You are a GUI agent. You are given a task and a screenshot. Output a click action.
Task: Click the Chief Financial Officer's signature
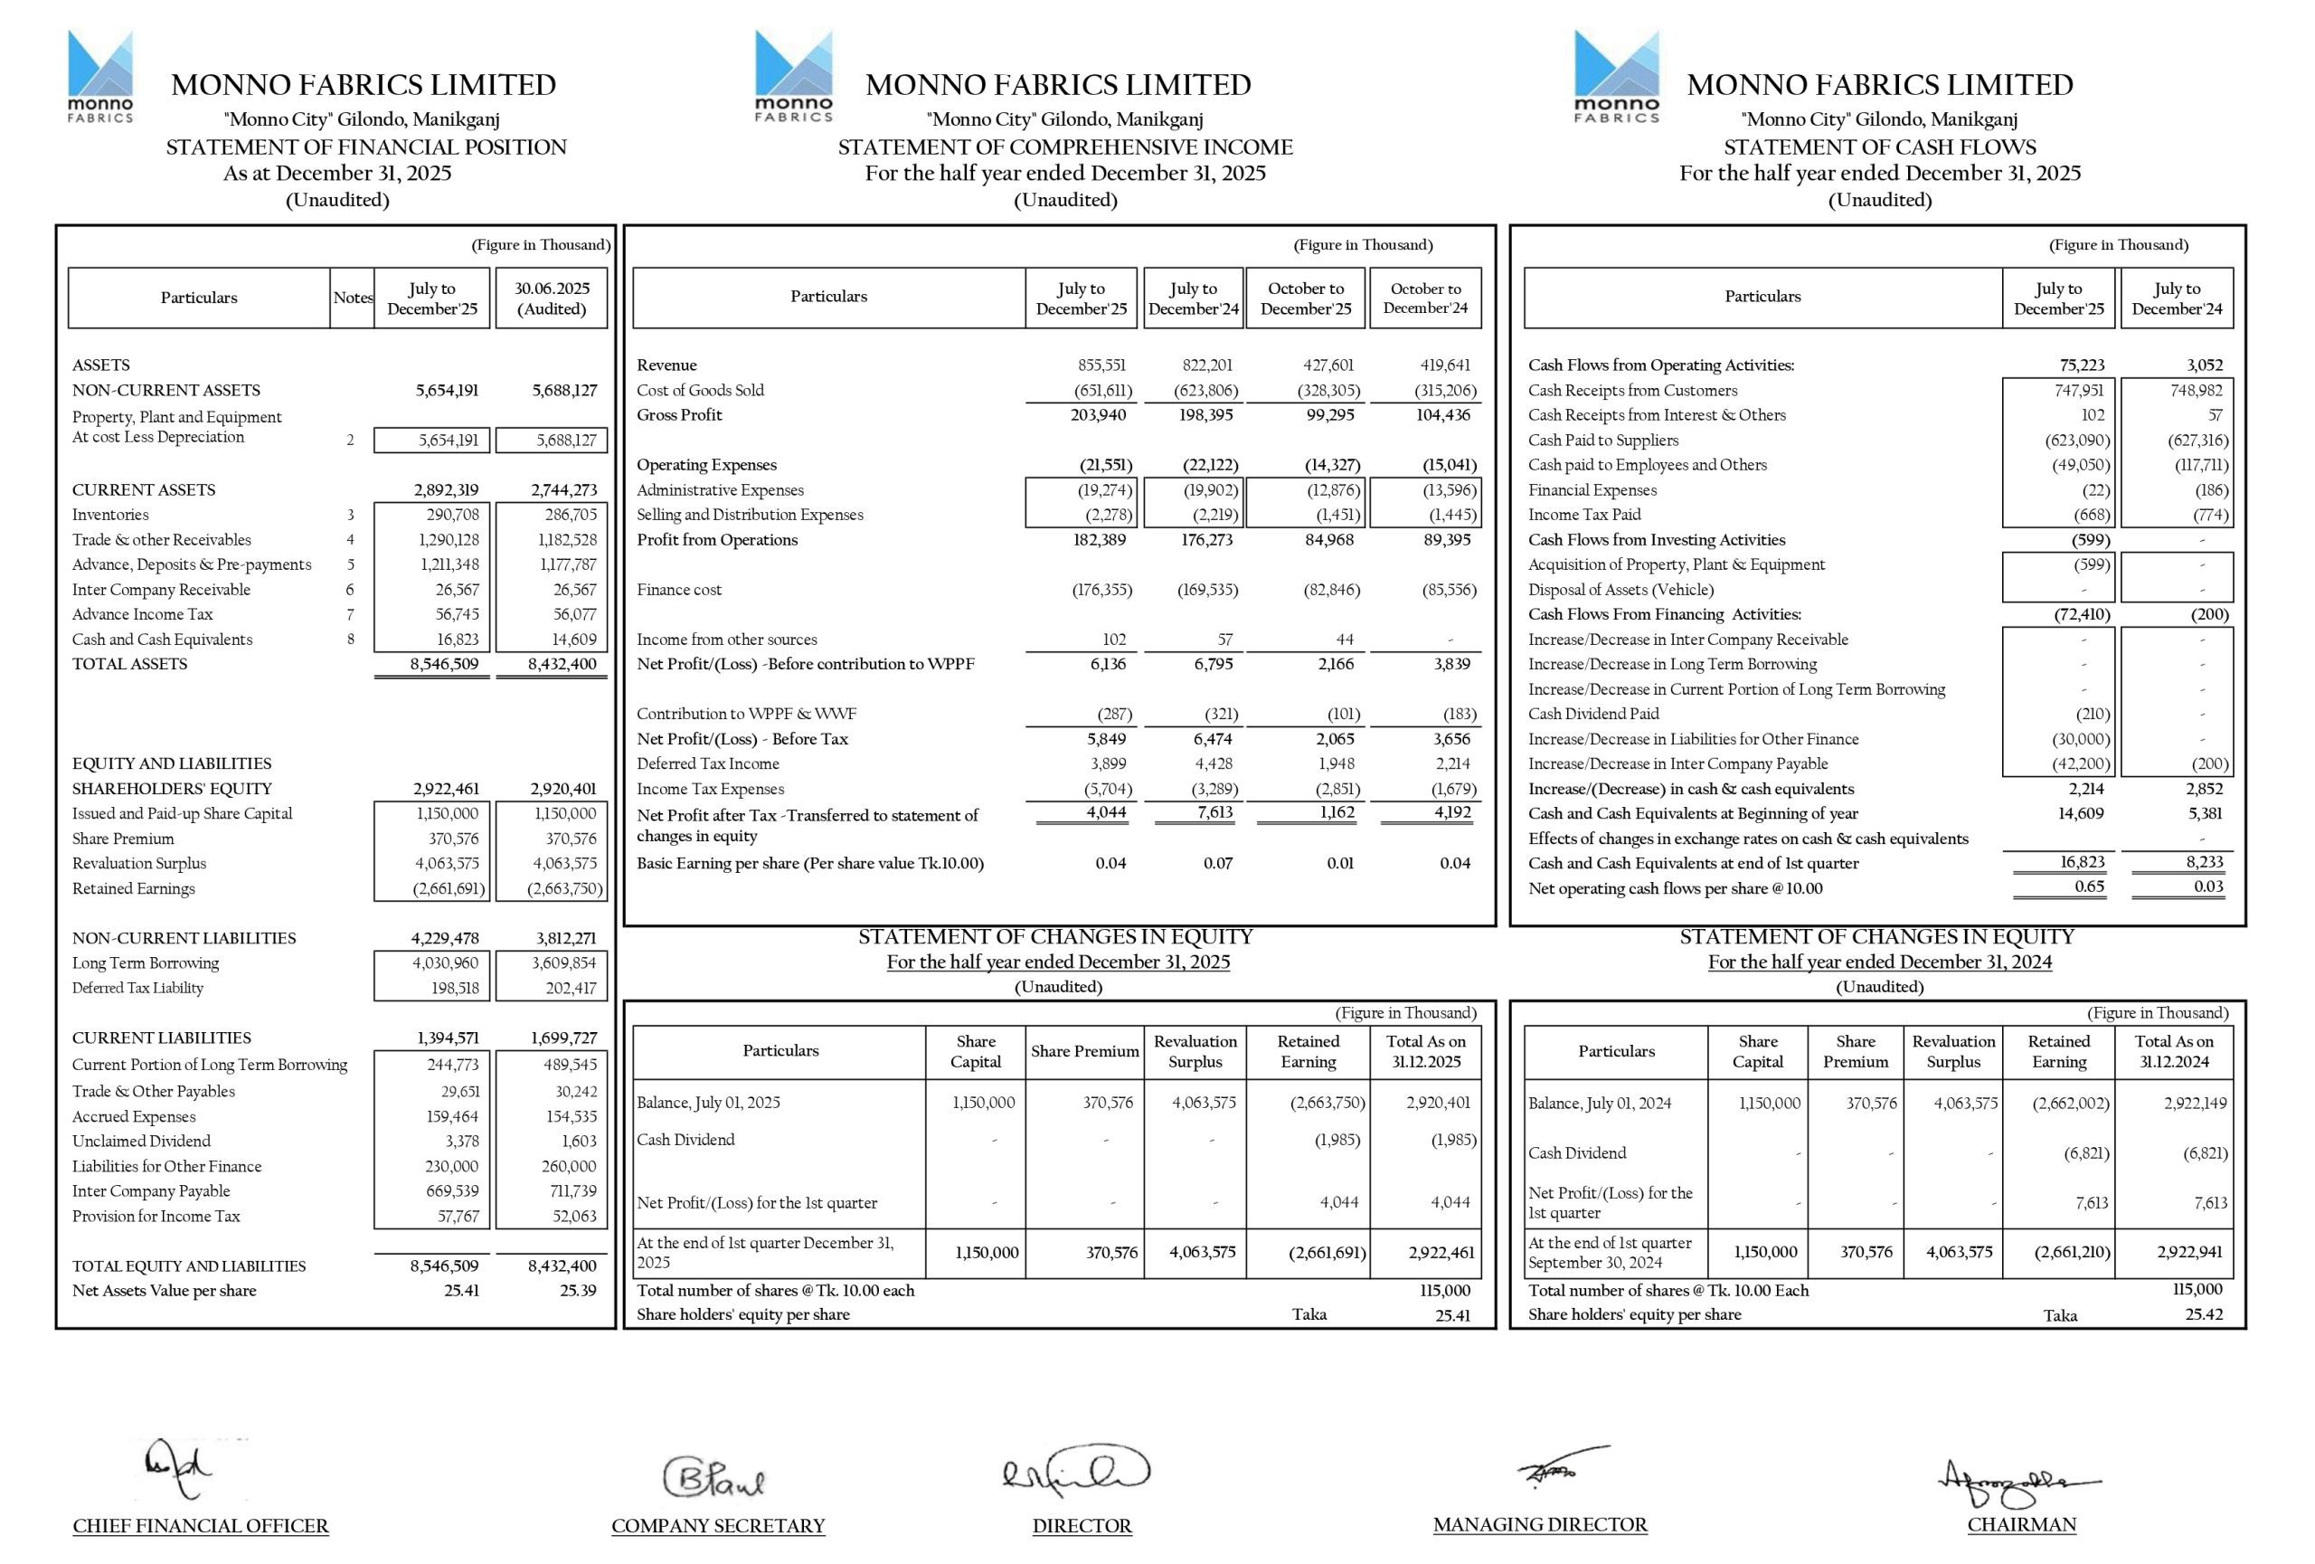point(179,1468)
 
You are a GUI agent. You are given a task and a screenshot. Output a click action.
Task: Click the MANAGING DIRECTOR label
point(1539,1524)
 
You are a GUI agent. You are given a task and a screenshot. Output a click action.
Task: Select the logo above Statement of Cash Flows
point(1616,77)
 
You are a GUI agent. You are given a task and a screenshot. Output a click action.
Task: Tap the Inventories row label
point(110,514)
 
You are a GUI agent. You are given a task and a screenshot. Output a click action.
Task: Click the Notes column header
point(353,297)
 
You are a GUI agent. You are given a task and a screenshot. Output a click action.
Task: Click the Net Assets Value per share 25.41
point(461,1290)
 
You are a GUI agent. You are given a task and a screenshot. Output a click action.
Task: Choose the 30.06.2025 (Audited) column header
point(551,298)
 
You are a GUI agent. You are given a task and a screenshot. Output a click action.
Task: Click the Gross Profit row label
point(679,414)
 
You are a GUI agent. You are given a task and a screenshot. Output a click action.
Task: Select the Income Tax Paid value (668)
point(2091,514)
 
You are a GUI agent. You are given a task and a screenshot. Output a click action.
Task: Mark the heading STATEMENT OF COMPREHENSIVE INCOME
point(1065,147)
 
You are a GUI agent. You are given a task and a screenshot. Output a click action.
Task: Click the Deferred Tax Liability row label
point(137,987)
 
